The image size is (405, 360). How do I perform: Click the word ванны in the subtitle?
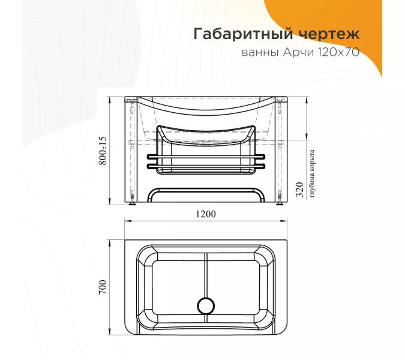(259, 52)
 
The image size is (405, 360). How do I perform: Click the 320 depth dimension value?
(299, 191)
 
